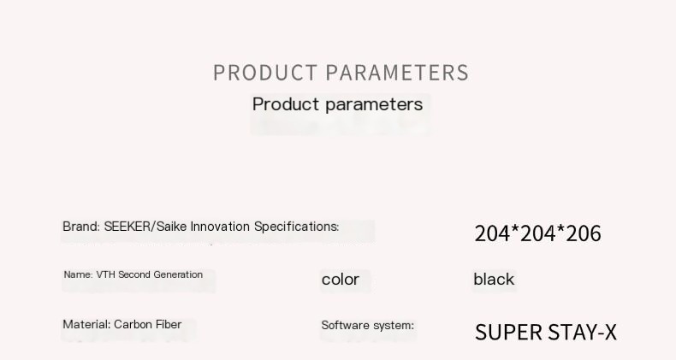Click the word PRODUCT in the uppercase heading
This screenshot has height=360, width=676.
(265, 73)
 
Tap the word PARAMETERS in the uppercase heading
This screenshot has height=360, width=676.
(397, 73)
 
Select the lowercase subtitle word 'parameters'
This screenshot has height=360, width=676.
(374, 104)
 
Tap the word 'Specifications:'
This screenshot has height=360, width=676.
(297, 227)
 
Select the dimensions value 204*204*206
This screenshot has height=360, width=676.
(537, 233)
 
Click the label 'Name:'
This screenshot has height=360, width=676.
(78, 274)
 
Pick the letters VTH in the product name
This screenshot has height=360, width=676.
(105, 274)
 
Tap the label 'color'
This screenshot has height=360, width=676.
(341, 280)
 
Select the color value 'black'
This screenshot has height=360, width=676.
(494, 280)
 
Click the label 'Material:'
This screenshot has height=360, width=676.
(86, 324)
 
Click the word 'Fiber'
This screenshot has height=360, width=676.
(169, 324)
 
